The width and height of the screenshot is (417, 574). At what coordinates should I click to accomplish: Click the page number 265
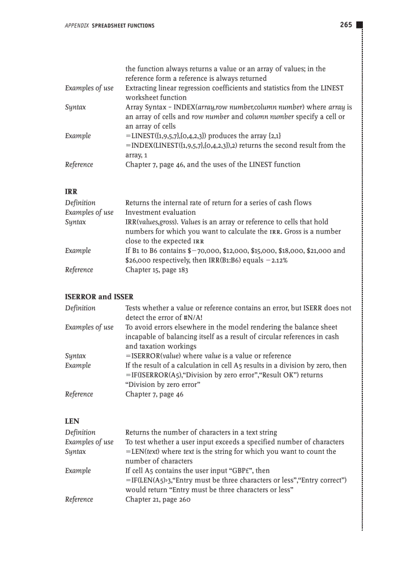(345, 25)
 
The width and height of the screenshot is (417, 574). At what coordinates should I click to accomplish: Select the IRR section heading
(71, 192)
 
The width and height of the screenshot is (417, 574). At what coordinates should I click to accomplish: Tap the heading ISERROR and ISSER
(99, 297)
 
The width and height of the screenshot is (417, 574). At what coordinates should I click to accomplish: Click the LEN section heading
(72, 421)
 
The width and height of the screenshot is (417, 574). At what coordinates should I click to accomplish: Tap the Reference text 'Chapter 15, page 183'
(157, 270)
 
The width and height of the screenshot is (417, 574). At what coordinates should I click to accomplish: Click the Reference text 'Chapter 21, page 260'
(158, 499)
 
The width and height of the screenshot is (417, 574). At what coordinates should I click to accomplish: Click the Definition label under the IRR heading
(80, 203)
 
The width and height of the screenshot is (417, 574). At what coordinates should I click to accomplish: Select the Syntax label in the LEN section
(76, 452)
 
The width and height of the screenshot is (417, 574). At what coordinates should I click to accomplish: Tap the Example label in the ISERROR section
(78, 365)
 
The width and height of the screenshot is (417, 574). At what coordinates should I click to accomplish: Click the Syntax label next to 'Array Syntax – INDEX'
(76, 107)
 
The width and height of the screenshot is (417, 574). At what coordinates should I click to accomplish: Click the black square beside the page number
(359, 25)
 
